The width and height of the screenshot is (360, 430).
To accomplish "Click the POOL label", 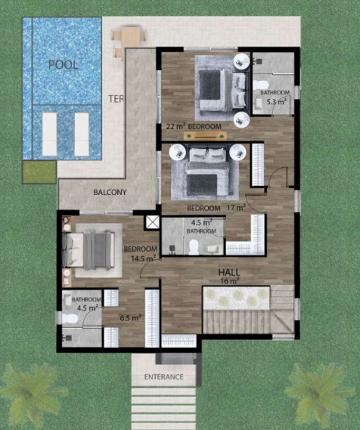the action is (x=64, y=65).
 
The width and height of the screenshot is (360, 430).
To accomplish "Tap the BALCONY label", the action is (x=110, y=192).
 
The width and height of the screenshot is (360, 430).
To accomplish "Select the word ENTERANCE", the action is (x=164, y=377).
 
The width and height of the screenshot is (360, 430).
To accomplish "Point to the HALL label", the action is (x=229, y=272).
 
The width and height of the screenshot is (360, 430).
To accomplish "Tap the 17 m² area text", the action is (x=236, y=208).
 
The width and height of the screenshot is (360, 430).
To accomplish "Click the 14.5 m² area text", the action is (x=143, y=258).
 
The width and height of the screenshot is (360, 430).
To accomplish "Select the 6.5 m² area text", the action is (x=130, y=318).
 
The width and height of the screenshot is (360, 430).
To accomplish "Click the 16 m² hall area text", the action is (x=230, y=281).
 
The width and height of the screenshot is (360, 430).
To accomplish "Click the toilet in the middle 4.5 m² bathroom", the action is (x=194, y=247).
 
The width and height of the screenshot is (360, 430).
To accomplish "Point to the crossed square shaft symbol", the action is (x=153, y=222).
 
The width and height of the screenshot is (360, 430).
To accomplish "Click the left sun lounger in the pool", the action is (x=49, y=135).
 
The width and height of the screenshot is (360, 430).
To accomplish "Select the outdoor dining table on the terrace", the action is (x=131, y=36).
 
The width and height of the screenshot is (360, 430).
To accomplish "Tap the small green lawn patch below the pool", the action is (x=39, y=172).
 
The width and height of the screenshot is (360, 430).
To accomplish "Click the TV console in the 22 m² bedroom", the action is (x=206, y=136).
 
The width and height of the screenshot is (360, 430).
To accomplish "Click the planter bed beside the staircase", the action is (x=236, y=297).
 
